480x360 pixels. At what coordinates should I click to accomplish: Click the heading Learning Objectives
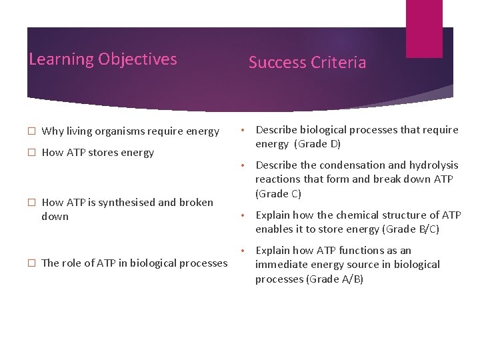tap(103, 59)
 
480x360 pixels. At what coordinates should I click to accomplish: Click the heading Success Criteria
tap(307, 63)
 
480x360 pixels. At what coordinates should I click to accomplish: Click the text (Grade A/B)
tap(334, 279)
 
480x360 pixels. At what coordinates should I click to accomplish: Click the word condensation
tap(352, 165)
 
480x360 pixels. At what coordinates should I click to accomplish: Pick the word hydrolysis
tap(433, 165)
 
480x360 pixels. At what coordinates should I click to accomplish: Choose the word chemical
tap(356, 215)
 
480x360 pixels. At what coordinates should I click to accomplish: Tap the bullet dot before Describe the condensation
tap(245, 165)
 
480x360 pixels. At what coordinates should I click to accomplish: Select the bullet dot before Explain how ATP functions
tap(245, 250)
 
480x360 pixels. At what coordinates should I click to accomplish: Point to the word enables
tap(274, 229)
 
